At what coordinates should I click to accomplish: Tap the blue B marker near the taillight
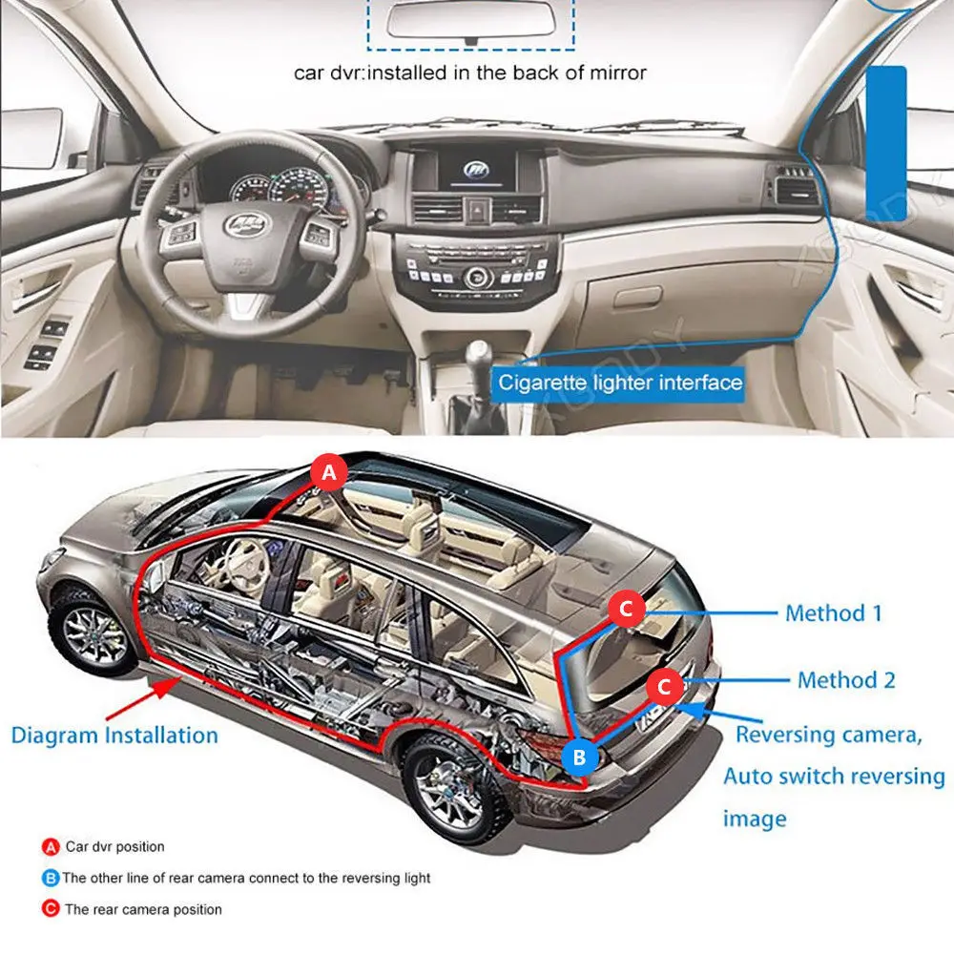579,757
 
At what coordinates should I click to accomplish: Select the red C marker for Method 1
627,607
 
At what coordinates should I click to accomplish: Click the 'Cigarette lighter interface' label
619,383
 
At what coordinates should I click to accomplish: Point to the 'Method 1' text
833,612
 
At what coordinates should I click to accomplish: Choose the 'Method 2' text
846,680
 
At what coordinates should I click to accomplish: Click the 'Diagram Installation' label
114,736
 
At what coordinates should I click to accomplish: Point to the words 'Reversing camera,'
828,736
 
